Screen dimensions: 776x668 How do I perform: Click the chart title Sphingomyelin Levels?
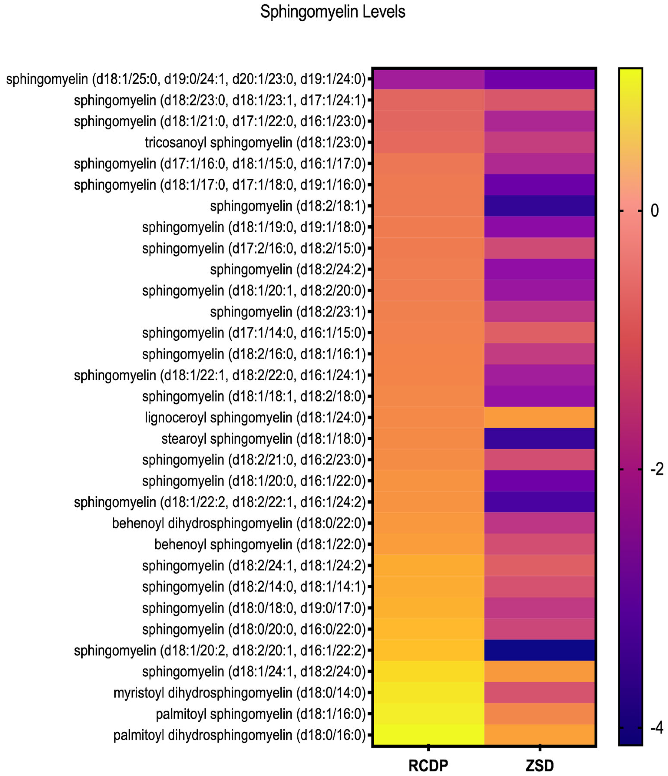(x=333, y=12)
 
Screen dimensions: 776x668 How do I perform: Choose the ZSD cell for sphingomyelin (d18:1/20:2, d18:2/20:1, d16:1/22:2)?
(x=539, y=651)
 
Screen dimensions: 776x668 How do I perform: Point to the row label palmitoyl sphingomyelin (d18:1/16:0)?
(x=261, y=714)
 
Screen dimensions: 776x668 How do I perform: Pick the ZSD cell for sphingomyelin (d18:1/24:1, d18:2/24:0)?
(x=539, y=672)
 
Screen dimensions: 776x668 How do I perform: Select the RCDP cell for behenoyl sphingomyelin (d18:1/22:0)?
(x=428, y=544)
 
